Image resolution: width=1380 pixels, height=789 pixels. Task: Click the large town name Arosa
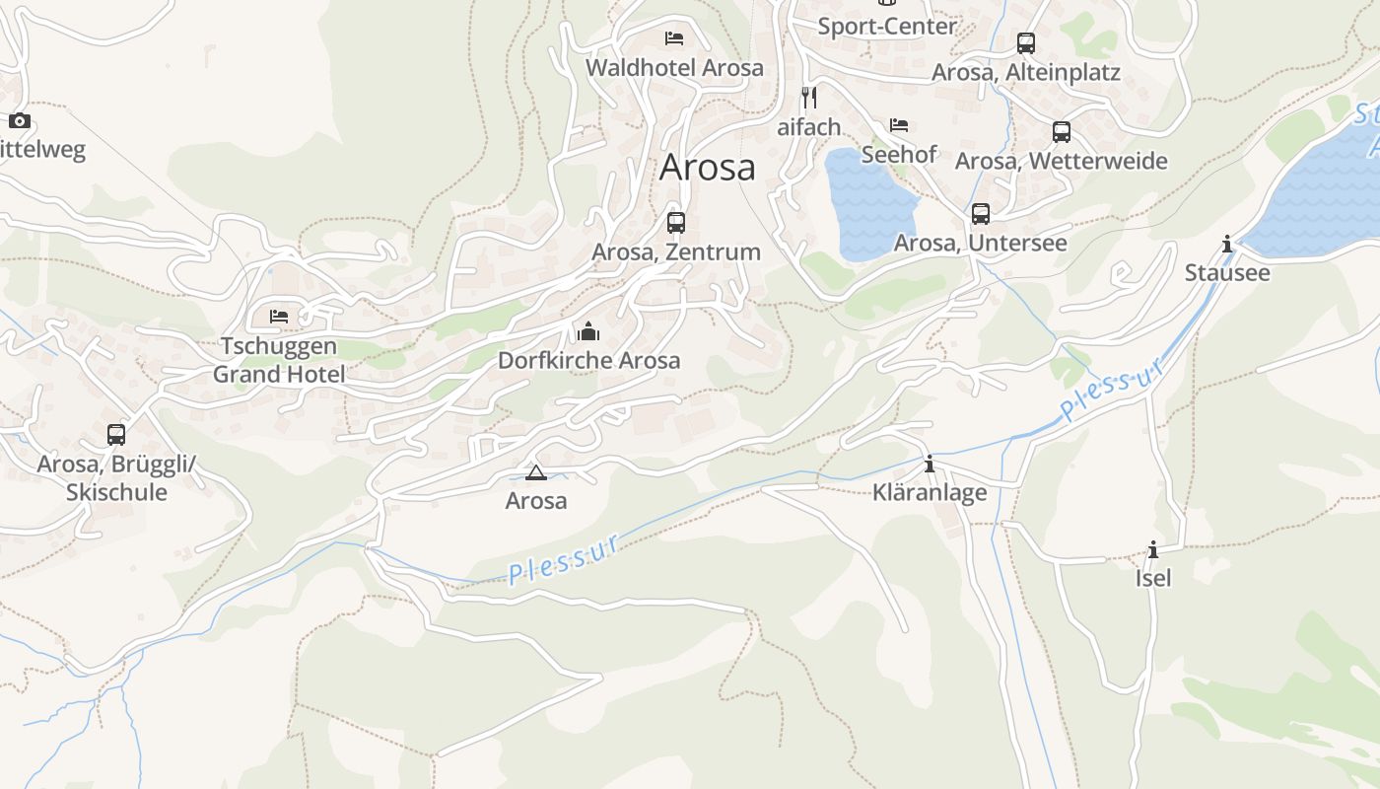(x=707, y=167)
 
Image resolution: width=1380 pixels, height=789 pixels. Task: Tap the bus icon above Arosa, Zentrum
(x=675, y=222)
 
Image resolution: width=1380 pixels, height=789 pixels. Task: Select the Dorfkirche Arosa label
(x=588, y=360)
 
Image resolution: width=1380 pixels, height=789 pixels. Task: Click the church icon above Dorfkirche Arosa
(x=588, y=330)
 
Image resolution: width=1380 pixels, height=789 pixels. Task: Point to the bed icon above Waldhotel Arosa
(x=674, y=38)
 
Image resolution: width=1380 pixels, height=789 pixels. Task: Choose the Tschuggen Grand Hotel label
(x=279, y=360)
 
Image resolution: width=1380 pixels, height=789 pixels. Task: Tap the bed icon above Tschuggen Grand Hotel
(x=279, y=317)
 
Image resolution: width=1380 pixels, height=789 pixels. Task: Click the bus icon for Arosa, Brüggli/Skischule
(x=116, y=434)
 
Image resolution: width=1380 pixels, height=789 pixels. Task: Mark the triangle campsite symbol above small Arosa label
(x=535, y=472)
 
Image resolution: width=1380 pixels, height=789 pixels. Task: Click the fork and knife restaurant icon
(x=809, y=97)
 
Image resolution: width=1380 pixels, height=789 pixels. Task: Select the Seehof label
(x=899, y=155)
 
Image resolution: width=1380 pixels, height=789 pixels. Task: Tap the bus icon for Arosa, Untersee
(x=980, y=213)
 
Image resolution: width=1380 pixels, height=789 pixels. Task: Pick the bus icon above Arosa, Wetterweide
(x=1061, y=131)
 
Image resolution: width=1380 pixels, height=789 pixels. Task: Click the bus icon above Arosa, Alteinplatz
(x=1025, y=43)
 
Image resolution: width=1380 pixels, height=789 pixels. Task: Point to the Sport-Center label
(x=887, y=27)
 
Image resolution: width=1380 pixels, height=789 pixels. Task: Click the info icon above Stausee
(x=1226, y=244)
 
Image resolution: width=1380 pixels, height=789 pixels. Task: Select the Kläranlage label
(x=930, y=492)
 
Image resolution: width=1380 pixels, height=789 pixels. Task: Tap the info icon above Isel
(x=1152, y=549)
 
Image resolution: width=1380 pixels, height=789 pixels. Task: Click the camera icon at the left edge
(x=20, y=121)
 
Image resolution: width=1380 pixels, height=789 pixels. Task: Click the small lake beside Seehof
(x=867, y=202)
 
